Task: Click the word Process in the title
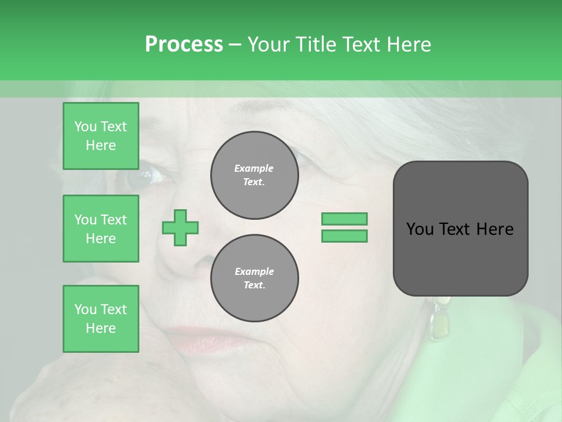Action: pyautogui.click(x=184, y=45)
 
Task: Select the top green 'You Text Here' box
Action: pyautogui.click(x=101, y=136)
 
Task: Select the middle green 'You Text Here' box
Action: pyautogui.click(x=101, y=229)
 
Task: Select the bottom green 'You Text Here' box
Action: pyautogui.click(x=101, y=318)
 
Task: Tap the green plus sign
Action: pyautogui.click(x=180, y=227)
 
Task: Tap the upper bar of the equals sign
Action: pyautogui.click(x=344, y=219)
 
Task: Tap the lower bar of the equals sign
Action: pyautogui.click(x=344, y=236)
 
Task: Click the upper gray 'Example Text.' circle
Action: pyautogui.click(x=254, y=175)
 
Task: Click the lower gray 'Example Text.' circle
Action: pyautogui.click(x=254, y=278)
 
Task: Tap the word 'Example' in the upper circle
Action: pyautogui.click(x=253, y=168)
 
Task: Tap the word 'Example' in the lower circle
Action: pyautogui.click(x=254, y=271)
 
